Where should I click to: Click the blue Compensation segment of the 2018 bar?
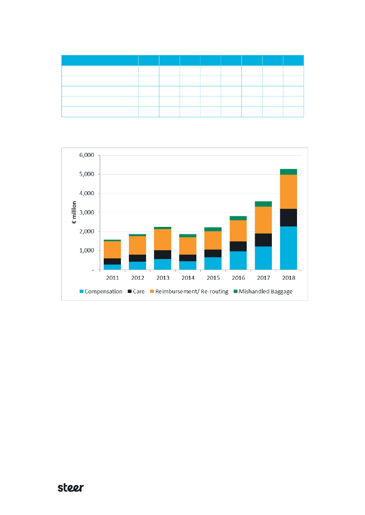point(288,248)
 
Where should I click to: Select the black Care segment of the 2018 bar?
point(288,218)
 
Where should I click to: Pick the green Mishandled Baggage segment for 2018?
point(288,172)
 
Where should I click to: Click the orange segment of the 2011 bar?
point(112,250)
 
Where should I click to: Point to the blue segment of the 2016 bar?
point(238,260)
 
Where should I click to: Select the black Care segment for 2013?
point(162,255)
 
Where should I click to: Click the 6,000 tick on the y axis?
point(87,155)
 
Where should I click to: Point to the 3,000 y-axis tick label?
point(87,212)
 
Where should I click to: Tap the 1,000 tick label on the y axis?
point(87,251)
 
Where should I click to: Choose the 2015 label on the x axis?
point(213,278)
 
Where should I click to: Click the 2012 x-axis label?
point(137,278)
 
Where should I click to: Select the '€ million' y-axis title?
point(75,213)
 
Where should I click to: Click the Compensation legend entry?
point(100,292)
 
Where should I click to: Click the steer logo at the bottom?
point(71,488)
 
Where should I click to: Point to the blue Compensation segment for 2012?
point(137,265)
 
